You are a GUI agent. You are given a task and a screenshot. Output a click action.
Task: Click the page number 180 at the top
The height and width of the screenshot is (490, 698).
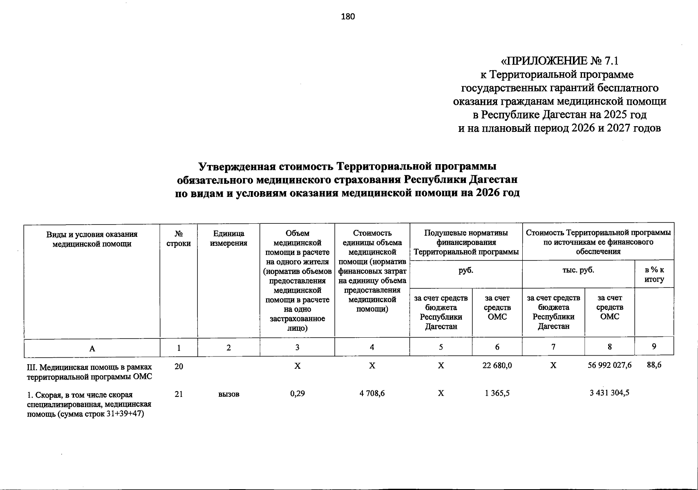pyautogui.click(x=348, y=17)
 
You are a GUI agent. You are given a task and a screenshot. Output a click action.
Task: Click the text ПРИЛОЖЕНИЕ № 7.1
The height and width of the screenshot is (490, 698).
pyautogui.click(x=560, y=61)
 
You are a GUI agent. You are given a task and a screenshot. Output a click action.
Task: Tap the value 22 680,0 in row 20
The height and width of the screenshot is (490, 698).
pyautogui.click(x=497, y=366)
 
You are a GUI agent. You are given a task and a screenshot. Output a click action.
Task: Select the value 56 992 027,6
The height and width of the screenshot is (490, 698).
pyautogui.click(x=610, y=365)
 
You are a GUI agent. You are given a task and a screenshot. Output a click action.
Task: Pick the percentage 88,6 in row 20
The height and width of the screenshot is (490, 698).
pyautogui.click(x=654, y=365)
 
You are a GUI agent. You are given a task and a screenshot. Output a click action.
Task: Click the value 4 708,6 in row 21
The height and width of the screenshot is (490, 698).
pyautogui.click(x=372, y=393)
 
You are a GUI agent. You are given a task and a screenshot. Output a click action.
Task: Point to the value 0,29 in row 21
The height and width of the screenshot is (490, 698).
pyautogui.click(x=297, y=393)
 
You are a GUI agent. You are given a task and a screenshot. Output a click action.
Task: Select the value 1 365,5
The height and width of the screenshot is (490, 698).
pyautogui.click(x=497, y=393)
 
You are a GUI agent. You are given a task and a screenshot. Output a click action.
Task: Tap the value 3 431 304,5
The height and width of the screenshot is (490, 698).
pyautogui.click(x=609, y=393)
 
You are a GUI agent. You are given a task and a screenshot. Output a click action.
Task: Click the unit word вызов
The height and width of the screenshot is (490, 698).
pyautogui.click(x=229, y=394)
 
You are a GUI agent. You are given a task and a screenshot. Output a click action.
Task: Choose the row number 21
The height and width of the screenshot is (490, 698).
pyautogui.click(x=179, y=394)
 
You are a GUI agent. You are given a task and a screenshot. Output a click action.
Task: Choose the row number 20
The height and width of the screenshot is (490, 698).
pyautogui.click(x=179, y=367)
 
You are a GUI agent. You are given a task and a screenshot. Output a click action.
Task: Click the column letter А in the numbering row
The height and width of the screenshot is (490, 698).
pyautogui.click(x=92, y=348)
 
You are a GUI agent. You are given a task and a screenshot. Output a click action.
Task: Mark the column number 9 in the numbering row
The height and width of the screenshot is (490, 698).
pyautogui.click(x=654, y=346)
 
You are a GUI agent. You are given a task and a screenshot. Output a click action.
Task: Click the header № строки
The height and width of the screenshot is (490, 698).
pyautogui.click(x=179, y=238)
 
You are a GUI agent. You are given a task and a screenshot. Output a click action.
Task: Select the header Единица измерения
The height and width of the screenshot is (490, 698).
pyautogui.click(x=229, y=238)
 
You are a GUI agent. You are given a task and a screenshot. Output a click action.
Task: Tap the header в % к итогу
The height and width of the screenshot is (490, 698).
pyautogui.click(x=654, y=274)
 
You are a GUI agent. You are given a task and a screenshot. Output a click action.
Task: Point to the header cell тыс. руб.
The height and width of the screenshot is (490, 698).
pyautogui.click(x=578, y=270)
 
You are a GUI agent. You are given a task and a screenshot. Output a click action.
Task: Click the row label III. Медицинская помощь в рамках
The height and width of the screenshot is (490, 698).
pyautogui.click(x=89, y=367)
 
